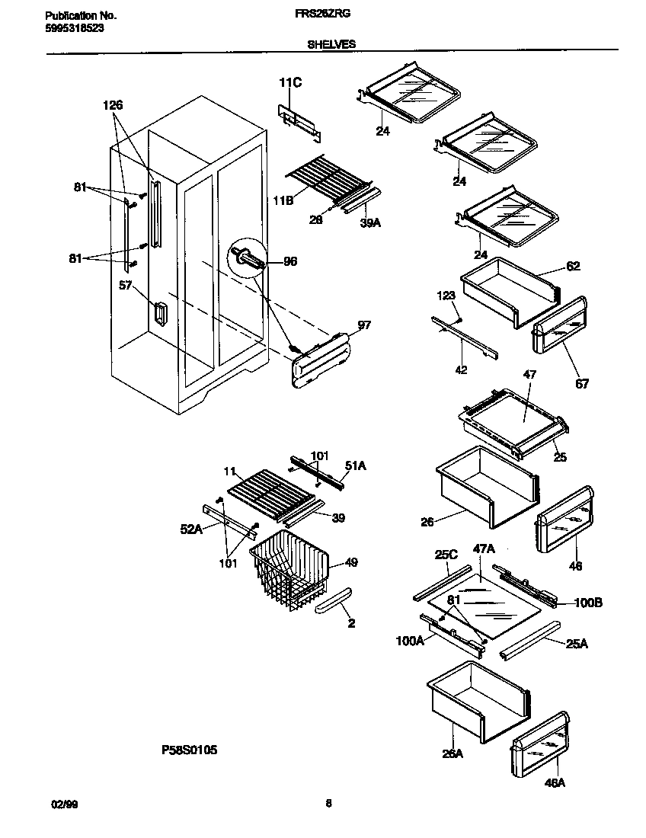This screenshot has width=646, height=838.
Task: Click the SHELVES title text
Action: tap(331, 45)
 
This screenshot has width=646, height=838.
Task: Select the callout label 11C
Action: tap(289, 83)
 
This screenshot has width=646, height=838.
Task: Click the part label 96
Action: tap(289, 261)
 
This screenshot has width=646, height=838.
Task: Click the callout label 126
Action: tap(113, 105)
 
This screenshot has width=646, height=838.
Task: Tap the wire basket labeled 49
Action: tap(289, 571)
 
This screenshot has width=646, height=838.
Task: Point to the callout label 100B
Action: tap(587, 603)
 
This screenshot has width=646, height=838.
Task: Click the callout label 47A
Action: tap(484, 549)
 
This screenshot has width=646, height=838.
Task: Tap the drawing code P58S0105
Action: tap(190, 750)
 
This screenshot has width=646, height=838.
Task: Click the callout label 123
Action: tap(446, 295)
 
